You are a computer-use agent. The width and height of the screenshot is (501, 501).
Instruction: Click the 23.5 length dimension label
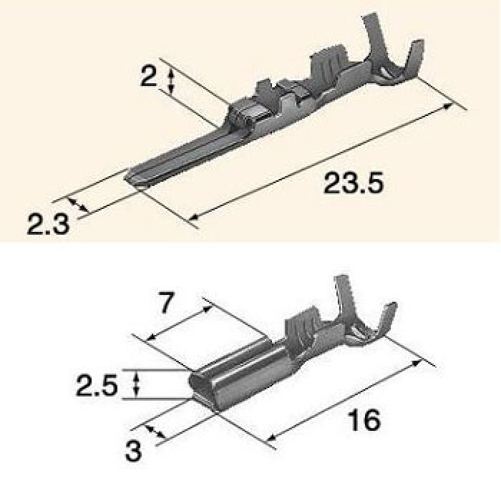(x=353, y=183)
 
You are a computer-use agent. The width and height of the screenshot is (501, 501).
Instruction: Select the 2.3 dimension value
(x=48, y=224)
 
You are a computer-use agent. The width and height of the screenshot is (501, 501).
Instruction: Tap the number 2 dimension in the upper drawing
(x=149, y=77)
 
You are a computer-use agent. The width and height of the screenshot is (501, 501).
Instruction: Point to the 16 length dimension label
(x=364, y=420)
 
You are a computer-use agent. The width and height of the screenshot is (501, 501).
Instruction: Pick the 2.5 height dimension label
(x=97, y=386)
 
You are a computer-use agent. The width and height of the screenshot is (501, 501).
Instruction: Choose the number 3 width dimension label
(x=133, y=450)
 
